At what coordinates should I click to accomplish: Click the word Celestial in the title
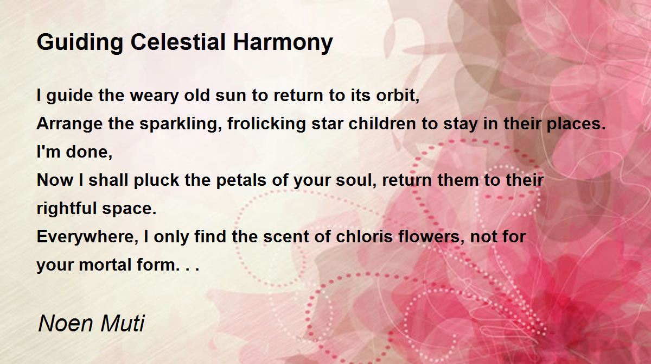tap(178, 42)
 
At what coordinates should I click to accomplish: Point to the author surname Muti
tap(123, 323)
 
